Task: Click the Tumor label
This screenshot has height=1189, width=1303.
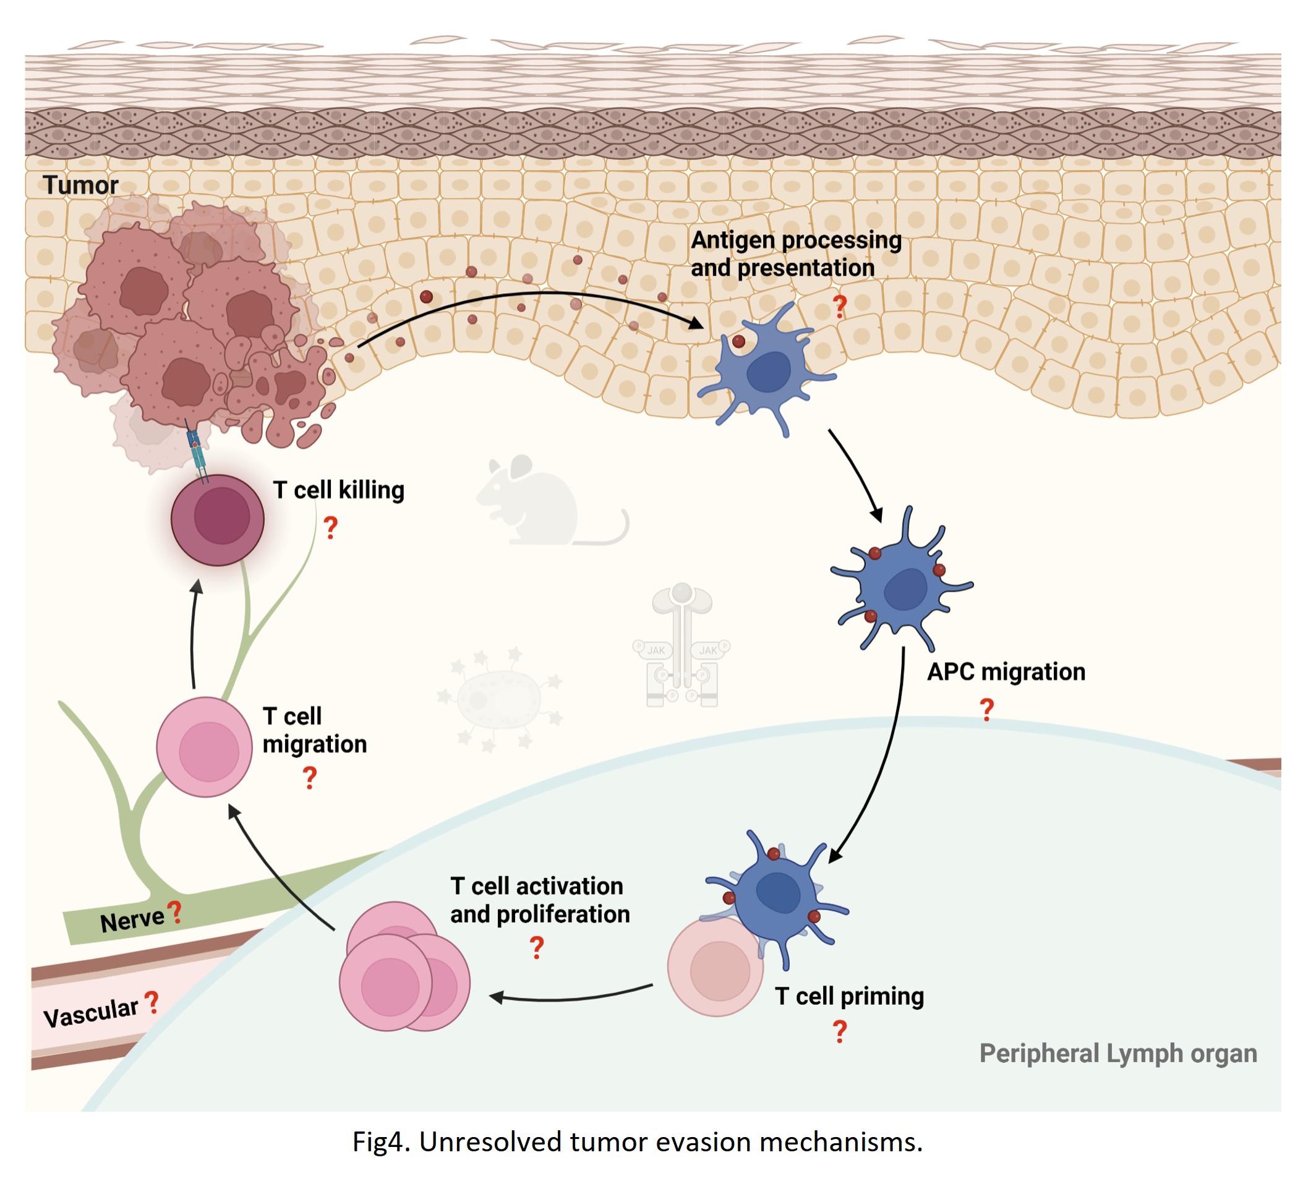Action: (81, 185)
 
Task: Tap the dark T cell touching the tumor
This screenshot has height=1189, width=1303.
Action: (218, 520)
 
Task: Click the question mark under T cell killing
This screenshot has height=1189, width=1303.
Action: (330, 528)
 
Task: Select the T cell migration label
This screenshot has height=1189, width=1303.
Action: (314, 731)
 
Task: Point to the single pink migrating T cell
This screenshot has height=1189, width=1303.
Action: (204, 747)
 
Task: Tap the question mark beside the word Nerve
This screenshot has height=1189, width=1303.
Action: (174, 913)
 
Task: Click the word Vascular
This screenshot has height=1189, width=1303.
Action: (90, 1013)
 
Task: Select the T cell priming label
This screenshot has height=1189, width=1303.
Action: (849, 997)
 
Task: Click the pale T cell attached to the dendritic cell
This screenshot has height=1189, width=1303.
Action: (715, 968)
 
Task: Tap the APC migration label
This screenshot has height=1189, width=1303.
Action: (1006, 672)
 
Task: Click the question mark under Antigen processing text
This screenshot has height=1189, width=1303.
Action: (840, 305)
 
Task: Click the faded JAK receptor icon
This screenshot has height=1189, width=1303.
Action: (682, 646)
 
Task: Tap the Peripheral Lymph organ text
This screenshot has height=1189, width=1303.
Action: (1118, 1054)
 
